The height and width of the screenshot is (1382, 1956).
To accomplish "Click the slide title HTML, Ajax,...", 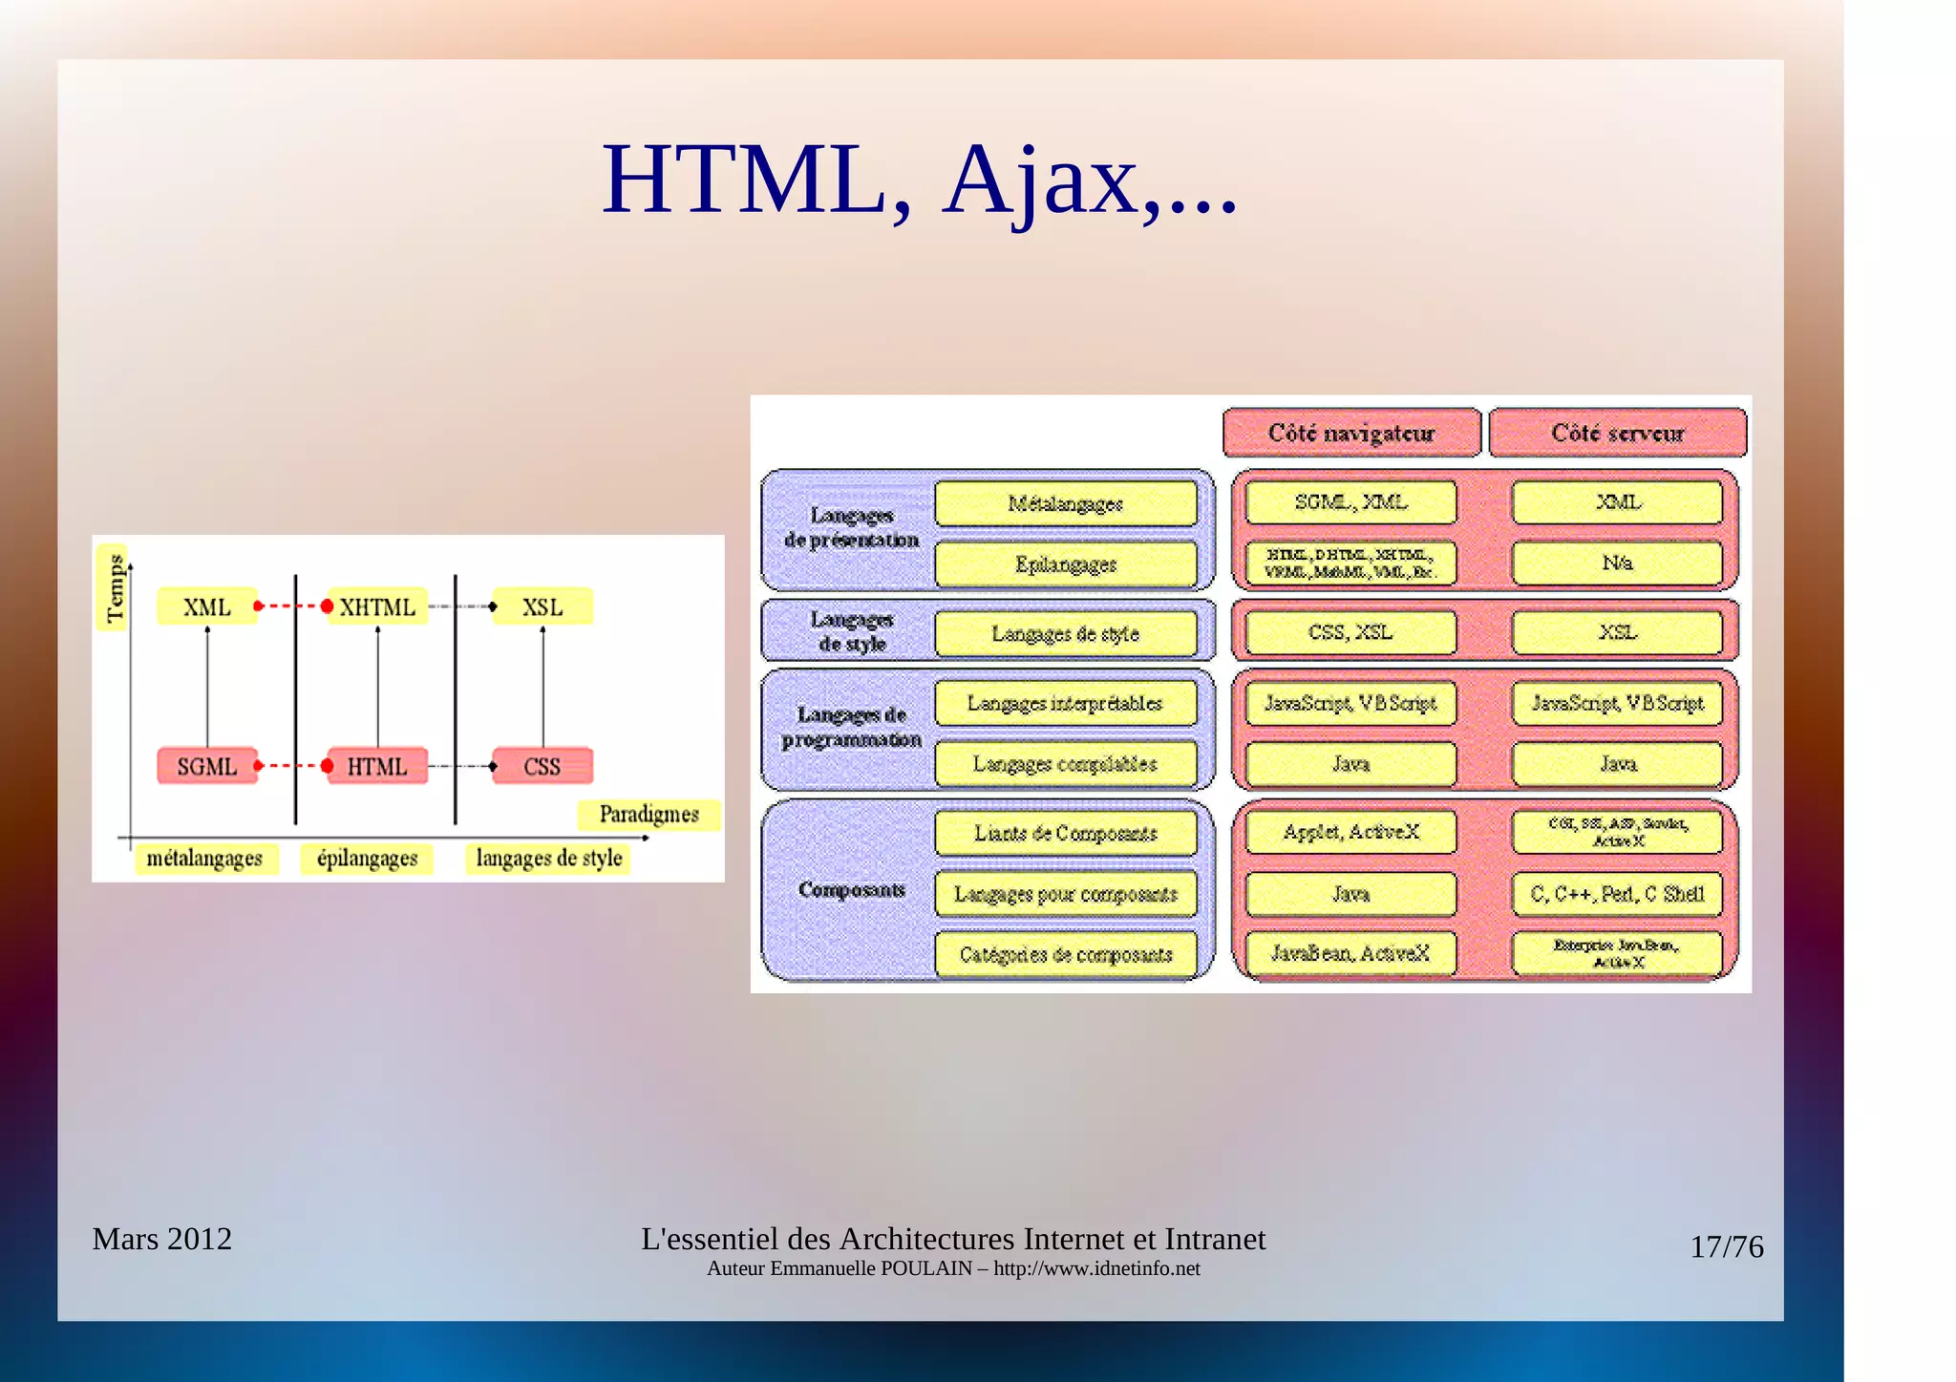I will (x=919, y=180).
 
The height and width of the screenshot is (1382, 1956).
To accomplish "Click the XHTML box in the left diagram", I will (x=377, y=606).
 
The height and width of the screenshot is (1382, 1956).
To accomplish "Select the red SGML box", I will (x=207, y=766).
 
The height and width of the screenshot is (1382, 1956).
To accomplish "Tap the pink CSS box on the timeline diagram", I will (x=542, y=766).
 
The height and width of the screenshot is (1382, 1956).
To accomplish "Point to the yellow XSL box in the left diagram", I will (x=542, y=606).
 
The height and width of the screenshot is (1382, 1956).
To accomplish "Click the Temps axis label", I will (x=115, y=588).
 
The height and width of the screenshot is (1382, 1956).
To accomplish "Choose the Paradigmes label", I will (x=648, y=815).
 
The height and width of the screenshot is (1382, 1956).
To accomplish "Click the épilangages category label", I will (x=367, y=858).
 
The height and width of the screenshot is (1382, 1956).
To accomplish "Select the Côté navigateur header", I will (x=1350, y=433).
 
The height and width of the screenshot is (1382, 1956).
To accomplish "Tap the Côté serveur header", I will (x=1617, y=433).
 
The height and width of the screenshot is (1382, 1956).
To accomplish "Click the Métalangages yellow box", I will (x=1065, y=503).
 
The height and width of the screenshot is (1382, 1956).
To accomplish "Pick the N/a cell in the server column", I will (x=1617, y=563).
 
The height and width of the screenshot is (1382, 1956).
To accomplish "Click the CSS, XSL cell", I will (x=1350, y=632).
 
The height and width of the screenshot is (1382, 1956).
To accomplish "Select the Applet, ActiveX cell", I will (x=1350, y=832).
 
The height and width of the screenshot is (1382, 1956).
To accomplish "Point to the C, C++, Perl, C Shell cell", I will (x=1617, y=894).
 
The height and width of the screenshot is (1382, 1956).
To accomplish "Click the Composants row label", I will (x=851, y=889).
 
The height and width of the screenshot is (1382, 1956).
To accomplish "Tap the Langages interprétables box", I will (x=1065, y=703).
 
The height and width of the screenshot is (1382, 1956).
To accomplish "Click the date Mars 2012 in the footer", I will (x=161, y=1239).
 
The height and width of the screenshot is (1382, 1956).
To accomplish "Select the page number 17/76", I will (x=1726, y=1246).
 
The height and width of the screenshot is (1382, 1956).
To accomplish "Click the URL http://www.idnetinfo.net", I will (x=1096, y=1268).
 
